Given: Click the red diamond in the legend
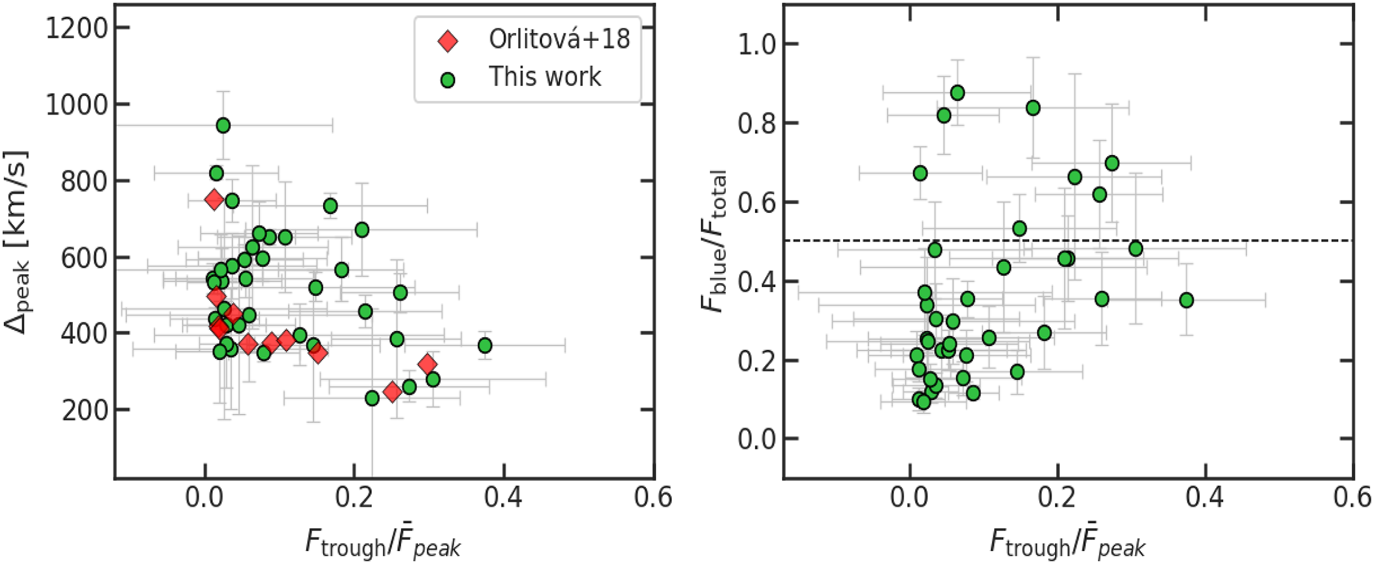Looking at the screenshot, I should pos(447,41).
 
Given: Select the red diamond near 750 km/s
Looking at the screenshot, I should pos(214,199).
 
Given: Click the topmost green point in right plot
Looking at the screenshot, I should pos(957,93).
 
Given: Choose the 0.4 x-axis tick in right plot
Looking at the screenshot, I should pos(1205,497).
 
